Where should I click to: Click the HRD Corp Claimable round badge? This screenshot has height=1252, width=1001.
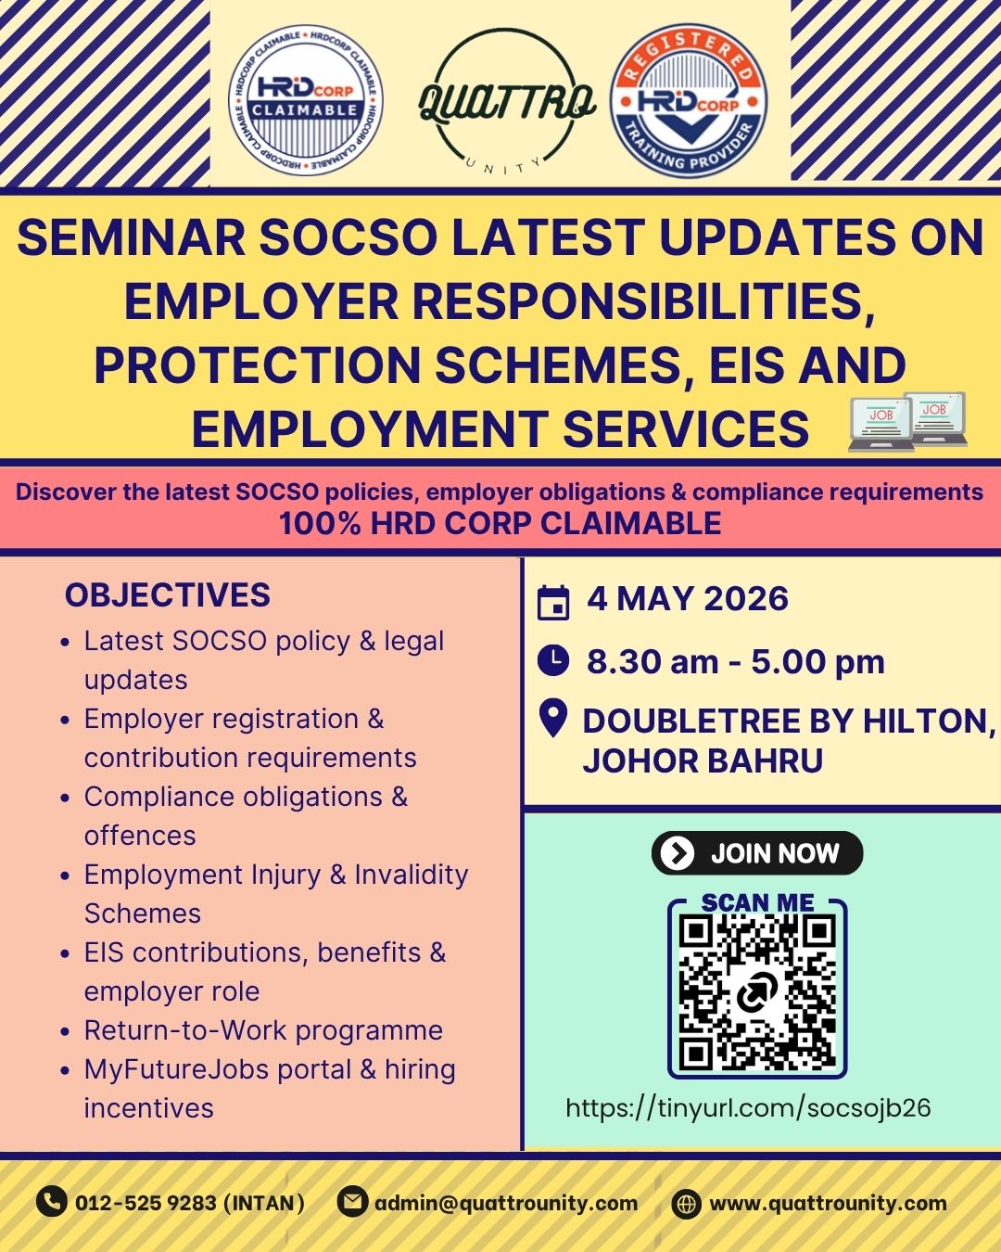306,100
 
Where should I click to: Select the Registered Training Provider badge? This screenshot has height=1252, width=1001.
689,101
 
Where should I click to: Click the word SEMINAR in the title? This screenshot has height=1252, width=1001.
131,237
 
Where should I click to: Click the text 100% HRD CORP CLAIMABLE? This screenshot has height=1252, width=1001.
500,522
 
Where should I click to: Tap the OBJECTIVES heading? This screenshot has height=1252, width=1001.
168,594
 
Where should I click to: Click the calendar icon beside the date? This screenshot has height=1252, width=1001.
553,604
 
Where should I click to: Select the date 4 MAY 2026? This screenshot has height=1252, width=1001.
688,599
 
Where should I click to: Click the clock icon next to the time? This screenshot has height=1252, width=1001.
553,660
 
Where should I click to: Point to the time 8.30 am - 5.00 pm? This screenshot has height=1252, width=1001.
735,661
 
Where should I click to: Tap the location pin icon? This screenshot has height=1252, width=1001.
553,718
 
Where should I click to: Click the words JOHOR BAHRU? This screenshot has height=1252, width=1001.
703,760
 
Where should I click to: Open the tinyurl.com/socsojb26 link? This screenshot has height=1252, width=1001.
748,1107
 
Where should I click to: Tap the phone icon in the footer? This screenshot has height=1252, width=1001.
51,1201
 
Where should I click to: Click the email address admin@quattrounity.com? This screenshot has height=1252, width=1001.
506,1203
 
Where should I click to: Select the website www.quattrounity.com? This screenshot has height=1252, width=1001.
828,1203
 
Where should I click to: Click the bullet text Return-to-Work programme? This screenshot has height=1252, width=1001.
263,1030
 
